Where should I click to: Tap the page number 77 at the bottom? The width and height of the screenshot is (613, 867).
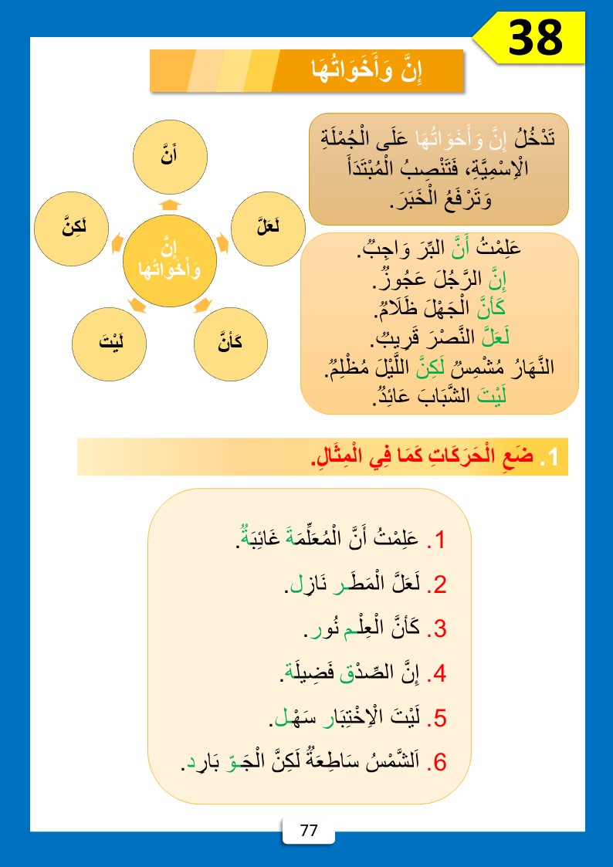[x=309, y=831]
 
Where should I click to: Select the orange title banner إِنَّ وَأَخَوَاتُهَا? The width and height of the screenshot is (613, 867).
[x=306, y=71]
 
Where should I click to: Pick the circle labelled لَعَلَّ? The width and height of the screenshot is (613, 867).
[x=269, y=229]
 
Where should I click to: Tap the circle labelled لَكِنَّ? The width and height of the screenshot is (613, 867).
[x=73, y=229]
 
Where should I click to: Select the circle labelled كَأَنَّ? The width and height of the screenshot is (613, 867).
[x=231, y=342]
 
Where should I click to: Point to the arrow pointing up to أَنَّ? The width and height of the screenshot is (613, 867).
[x=170, y=205]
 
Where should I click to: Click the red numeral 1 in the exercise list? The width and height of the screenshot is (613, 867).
[x=441, y=540]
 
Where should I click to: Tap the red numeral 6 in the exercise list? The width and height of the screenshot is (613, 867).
[x=440, y=762]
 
